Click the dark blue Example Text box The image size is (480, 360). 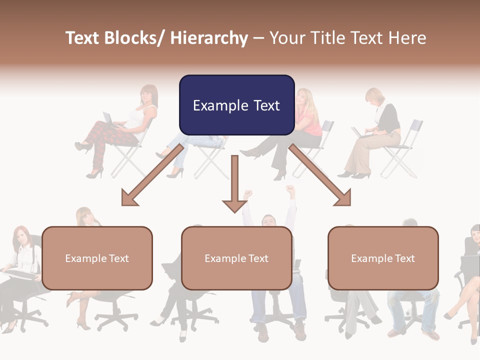[x=236, y=105]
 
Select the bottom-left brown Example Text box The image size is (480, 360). [x=97, y=258]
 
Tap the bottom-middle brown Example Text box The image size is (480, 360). [x=236, y=258]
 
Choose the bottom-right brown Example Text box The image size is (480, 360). [x=383, y=258]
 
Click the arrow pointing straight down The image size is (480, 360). [x=234, y=185]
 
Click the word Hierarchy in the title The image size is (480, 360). [x=209, y=38]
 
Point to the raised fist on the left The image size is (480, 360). [x=247, y=193]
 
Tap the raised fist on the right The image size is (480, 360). [x=290, y=190]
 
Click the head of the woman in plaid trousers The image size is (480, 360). [x=149, y=94]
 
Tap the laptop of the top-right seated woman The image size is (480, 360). [x=358, y=132]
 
